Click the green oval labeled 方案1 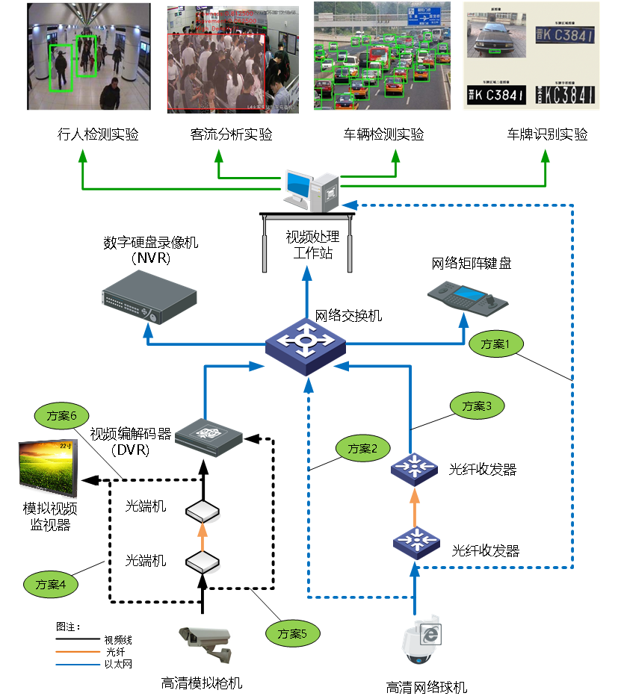(x=495, y=344)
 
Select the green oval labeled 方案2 (x=362, y=449)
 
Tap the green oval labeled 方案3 (x=477, y=406)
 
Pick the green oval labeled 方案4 (x=51, y=584)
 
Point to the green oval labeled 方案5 (x=293, y=634)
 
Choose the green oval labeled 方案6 (x=62, y=416)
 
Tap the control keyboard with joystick (x=468, y=297)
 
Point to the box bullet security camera (x=205, y=640)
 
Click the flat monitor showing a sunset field (x=47, y=469)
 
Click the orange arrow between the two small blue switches (x=415, y=505)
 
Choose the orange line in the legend (x=78, y=652)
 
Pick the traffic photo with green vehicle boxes (x=382, y=56)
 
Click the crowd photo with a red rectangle (x=232, y=60)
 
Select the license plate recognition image (x=531, y=56)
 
